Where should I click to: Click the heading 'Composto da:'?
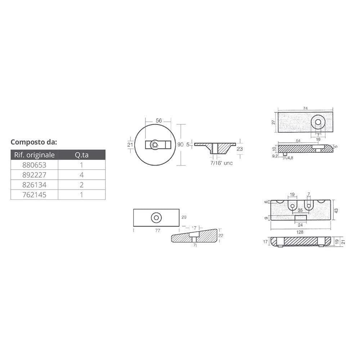(34, 141)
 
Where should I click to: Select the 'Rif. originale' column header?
(34, 155)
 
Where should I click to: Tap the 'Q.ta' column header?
(82, 155)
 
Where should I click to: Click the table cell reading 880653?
(34, 165)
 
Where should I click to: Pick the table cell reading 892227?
(34, 175)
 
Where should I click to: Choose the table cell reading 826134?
(34, 185)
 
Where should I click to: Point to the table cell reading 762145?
(34, 195)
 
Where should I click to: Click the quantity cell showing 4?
(82, 175)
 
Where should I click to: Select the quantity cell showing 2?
(82, 185)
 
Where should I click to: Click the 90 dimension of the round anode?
(181, 145)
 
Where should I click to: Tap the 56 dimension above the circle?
(158, 121)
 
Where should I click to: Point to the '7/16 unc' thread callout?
(221, 163)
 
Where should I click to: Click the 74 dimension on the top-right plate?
(305, 108)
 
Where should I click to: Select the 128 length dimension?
(300, 233)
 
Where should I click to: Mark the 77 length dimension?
(157, 231)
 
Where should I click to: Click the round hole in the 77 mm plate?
(156, 217)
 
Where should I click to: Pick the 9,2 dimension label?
(275, 156)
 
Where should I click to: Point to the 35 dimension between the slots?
(300, 211)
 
